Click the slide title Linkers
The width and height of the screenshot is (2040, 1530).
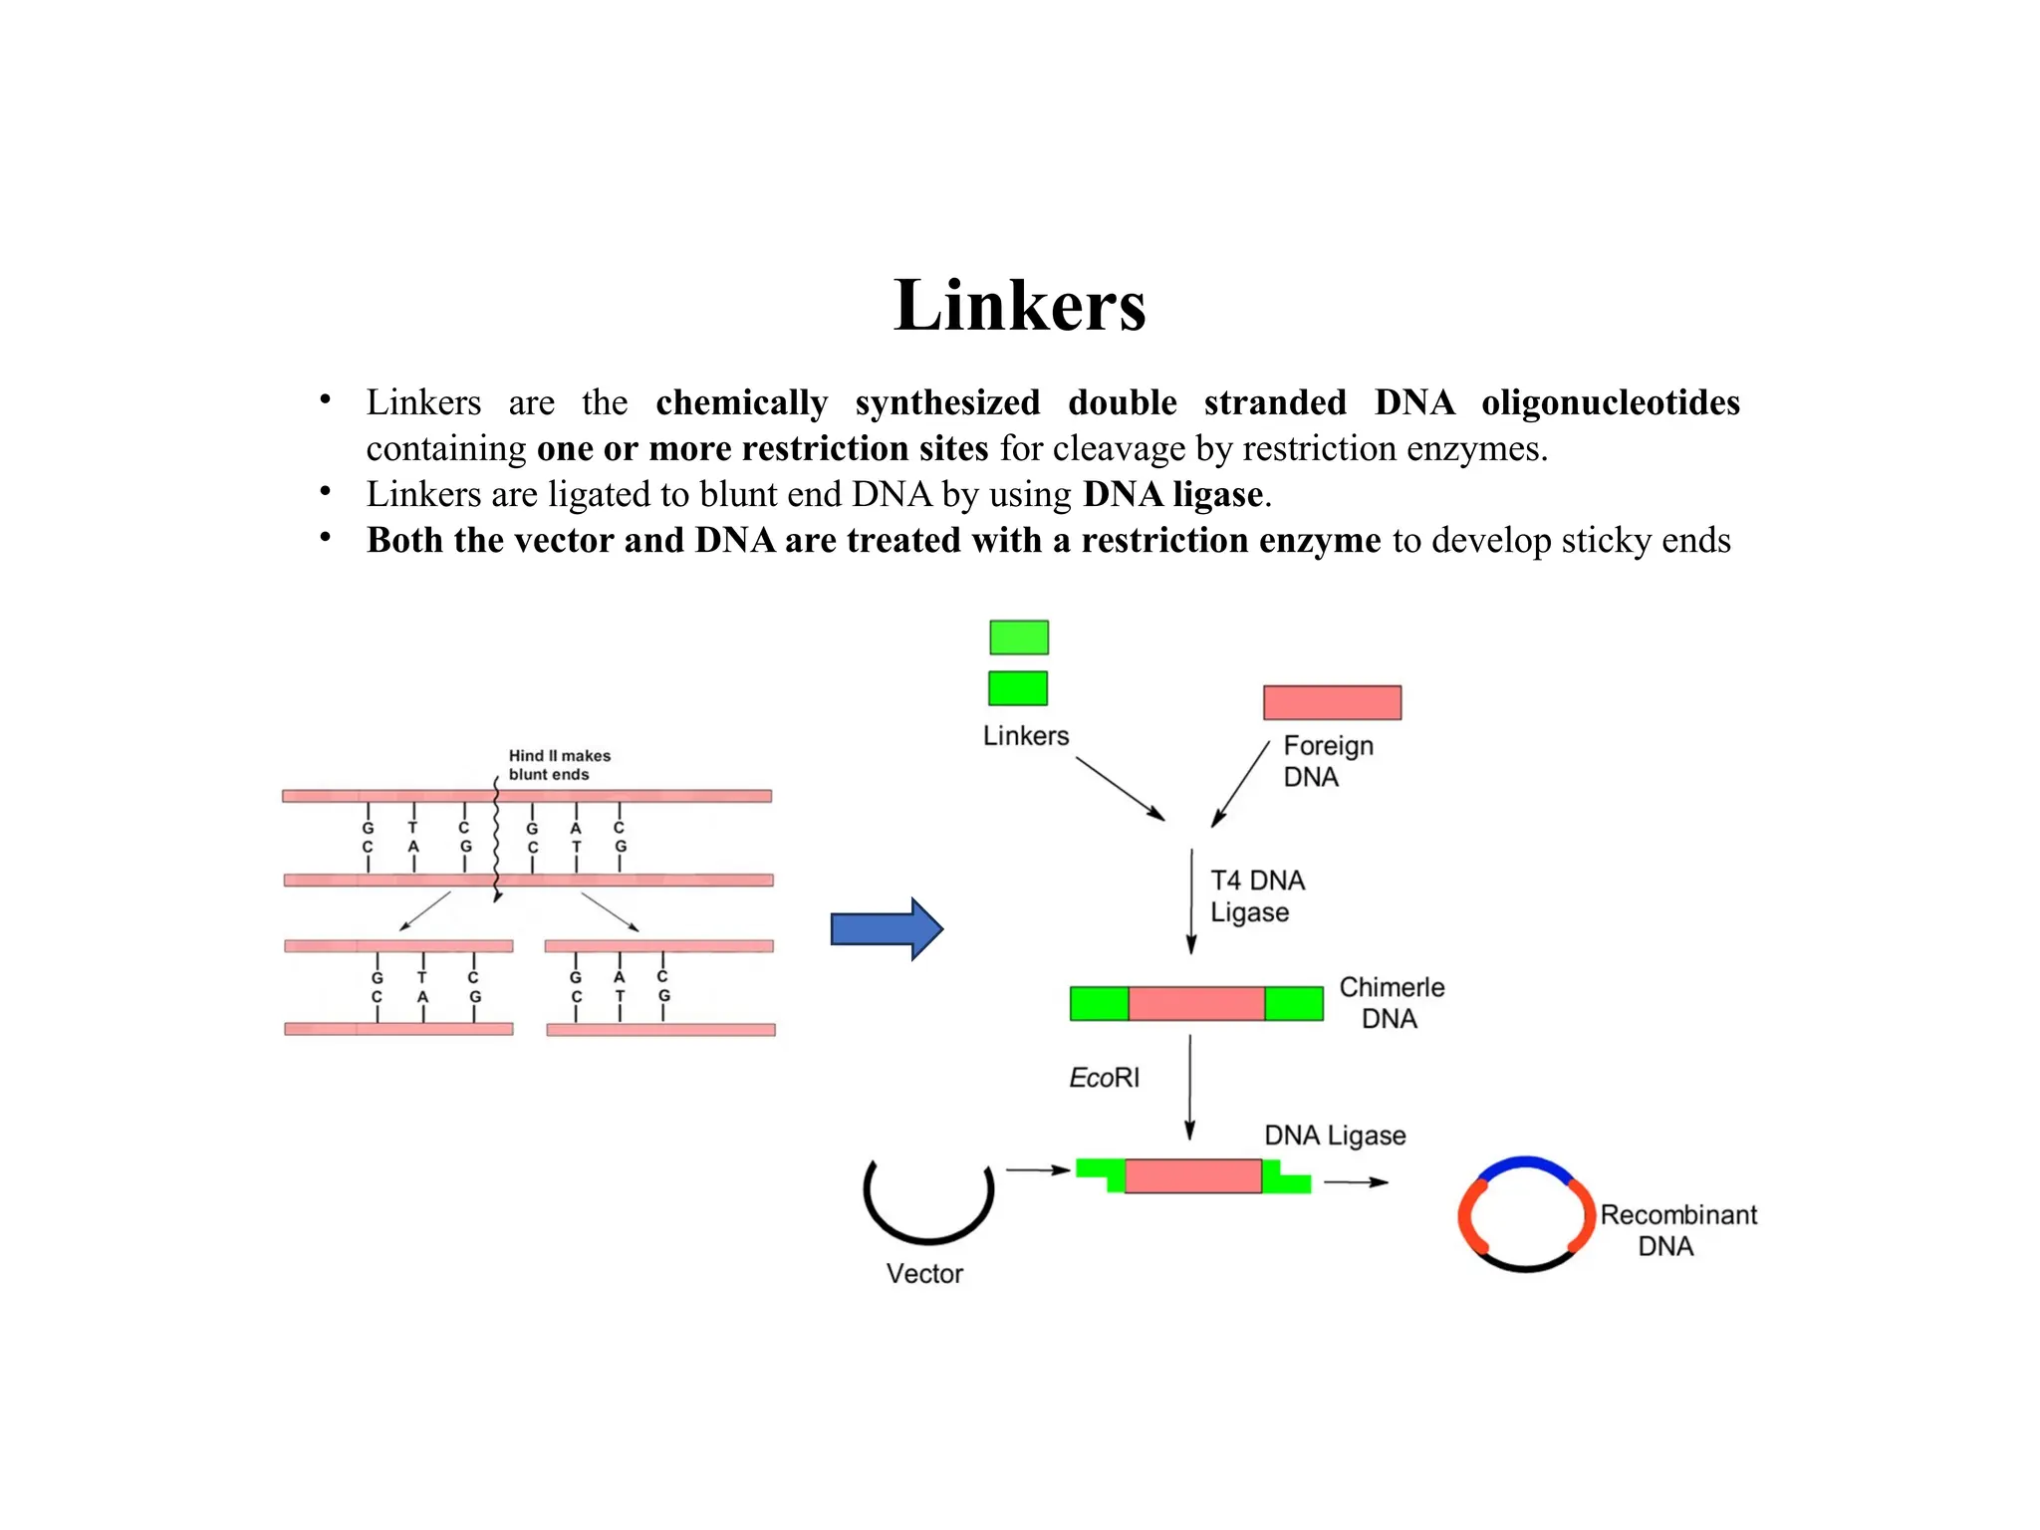pos(1019,305)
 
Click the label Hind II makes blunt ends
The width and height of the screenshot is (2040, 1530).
pos(558,765)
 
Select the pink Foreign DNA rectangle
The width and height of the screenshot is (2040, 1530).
pos(1332,702)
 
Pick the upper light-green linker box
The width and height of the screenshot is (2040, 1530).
pos(1018,637)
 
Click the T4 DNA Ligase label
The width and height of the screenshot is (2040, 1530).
pos(1256,895)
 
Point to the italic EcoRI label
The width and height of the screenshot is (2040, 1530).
pos(1103,1078)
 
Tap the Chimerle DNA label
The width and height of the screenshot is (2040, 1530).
pos(1391,1002)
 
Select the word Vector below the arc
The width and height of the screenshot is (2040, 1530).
pos(924,1274)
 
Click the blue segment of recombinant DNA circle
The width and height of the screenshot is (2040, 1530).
pos(1525,1163)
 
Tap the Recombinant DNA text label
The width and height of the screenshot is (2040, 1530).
pos(1677,1230)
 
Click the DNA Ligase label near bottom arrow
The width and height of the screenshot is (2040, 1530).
pos(1334,1136)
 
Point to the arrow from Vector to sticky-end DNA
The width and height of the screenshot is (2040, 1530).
pos(1037,1169)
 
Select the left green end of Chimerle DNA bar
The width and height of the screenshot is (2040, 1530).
pos(1099,1004)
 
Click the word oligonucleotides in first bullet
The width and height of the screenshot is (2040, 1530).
pos(1610,402)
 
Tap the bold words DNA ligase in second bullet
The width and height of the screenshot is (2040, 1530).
pos(1172,494)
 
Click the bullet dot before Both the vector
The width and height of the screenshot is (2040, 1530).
pos(325,538)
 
